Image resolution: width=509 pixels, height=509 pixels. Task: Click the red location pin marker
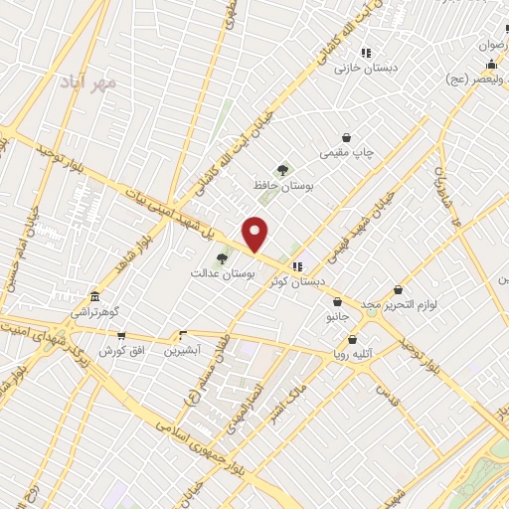click(x=255, y=235)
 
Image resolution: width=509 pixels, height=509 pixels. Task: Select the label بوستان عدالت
click(x=225, y=272)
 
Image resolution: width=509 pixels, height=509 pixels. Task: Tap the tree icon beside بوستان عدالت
click(x=222, y=259)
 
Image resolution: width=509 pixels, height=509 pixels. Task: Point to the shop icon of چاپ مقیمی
click(x=346, y=137)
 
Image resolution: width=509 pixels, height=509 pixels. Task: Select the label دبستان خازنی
click(x=361, y=68)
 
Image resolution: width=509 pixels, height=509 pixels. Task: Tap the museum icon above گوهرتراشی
click(x=94, y=296)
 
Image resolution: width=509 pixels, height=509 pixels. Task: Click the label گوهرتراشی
click(x=91, y=312)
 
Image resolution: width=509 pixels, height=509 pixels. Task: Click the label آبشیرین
click(x=183, y=350)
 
